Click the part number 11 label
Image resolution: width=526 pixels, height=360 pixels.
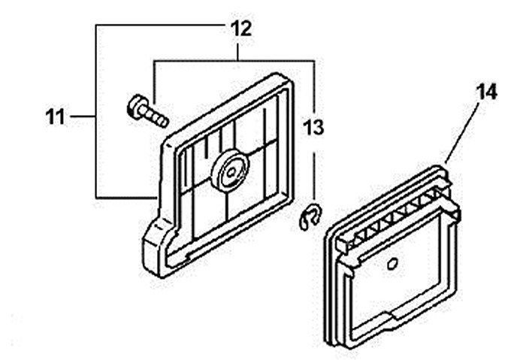point(56,116)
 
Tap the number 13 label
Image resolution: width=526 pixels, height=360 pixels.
point(313,128)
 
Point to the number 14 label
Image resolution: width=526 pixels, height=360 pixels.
point(486,92)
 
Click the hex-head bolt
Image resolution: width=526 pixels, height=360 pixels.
point(147,111)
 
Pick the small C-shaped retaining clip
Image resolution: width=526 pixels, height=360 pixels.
point(310,217)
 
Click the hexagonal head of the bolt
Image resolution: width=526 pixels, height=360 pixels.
point(135,106)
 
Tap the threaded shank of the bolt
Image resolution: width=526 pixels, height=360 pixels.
point(156,116)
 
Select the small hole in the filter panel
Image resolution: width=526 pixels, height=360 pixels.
point(391,264)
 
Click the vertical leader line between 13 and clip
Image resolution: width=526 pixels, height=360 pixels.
point(314,176)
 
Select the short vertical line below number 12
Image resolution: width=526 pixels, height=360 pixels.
point(238,51)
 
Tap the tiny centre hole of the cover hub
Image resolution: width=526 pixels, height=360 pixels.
point(231,173)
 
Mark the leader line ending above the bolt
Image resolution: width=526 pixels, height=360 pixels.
point(154,81)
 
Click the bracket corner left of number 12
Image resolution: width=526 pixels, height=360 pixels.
point(96,26)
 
